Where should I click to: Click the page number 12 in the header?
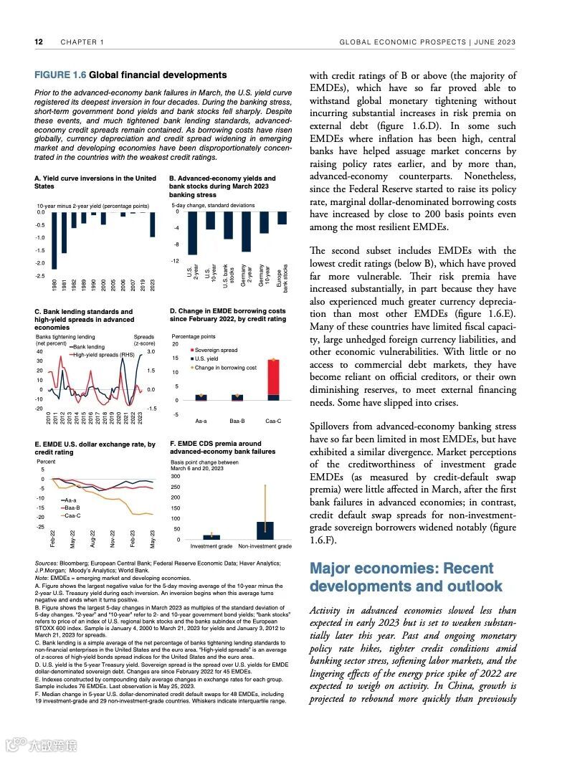click(x=39, y=42)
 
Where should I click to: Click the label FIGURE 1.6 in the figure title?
click(x=60, y=75)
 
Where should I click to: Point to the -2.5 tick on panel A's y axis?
click(x=40, y=276)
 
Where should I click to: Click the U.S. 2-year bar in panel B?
click(x=192, y=233)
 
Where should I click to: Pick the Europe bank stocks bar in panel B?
click(x=282, y=219)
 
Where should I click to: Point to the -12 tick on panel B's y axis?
click(x=176, y=261)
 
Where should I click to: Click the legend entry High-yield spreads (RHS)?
click(x=104, y=355)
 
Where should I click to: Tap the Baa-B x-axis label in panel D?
click(x=237, y=422)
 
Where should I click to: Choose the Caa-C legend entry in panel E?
click(x=72, y=515)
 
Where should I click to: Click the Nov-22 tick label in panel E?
click(x=113, y=539)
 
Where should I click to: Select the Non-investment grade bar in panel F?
click(x=265, y=530)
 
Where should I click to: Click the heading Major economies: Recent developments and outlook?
click(x=406, y=577)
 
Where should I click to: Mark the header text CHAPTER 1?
click(x=82, y=42)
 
